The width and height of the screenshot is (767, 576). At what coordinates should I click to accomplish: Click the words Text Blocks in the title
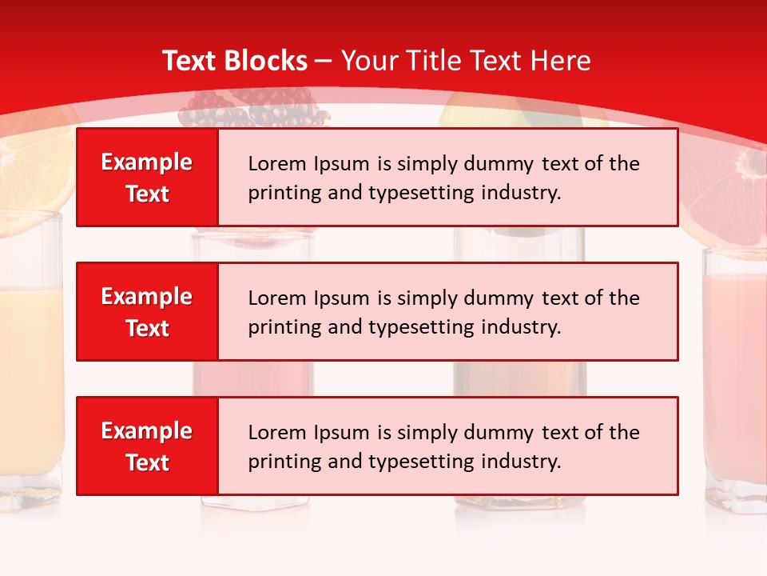point(234,61)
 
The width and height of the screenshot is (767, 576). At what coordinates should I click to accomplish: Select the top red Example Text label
point(147,178)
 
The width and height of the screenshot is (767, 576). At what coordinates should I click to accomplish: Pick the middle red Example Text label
point(147,312)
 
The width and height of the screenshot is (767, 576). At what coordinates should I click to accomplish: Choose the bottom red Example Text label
point(147,446)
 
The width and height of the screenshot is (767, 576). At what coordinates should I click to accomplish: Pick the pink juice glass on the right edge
point(735,376)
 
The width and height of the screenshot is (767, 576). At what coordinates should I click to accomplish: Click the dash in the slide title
point(324,61)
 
